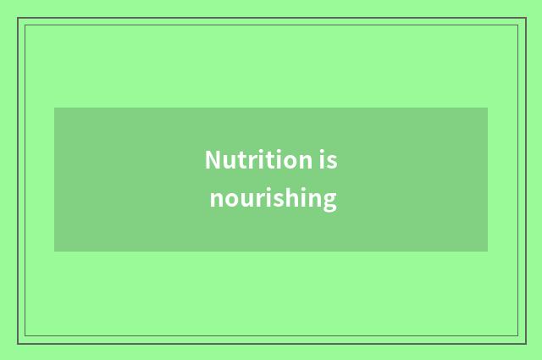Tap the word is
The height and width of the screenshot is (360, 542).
point(329,160)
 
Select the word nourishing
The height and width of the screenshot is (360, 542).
point(273,199)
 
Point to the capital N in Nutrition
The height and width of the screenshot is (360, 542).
point(213,160)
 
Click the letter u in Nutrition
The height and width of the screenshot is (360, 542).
point(229,161)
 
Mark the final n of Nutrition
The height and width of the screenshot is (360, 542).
point(304,161)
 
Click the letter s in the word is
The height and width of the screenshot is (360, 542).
point(333,161)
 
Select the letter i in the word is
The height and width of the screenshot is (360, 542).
point(323,160)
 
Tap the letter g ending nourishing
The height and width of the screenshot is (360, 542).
point(329,201)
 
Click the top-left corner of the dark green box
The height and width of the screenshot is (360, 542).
point(54,108)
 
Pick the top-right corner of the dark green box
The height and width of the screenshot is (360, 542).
point(488,108)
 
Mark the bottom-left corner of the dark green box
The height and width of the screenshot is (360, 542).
point(54,252)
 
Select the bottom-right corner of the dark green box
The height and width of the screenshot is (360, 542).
point(488,252)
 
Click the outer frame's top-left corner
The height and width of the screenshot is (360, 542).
point(18,18)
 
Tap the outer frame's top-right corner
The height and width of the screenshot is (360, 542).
point(525,18)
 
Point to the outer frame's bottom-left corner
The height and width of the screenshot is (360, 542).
point(18,343)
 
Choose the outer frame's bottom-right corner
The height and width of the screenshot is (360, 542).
point(525,343)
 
